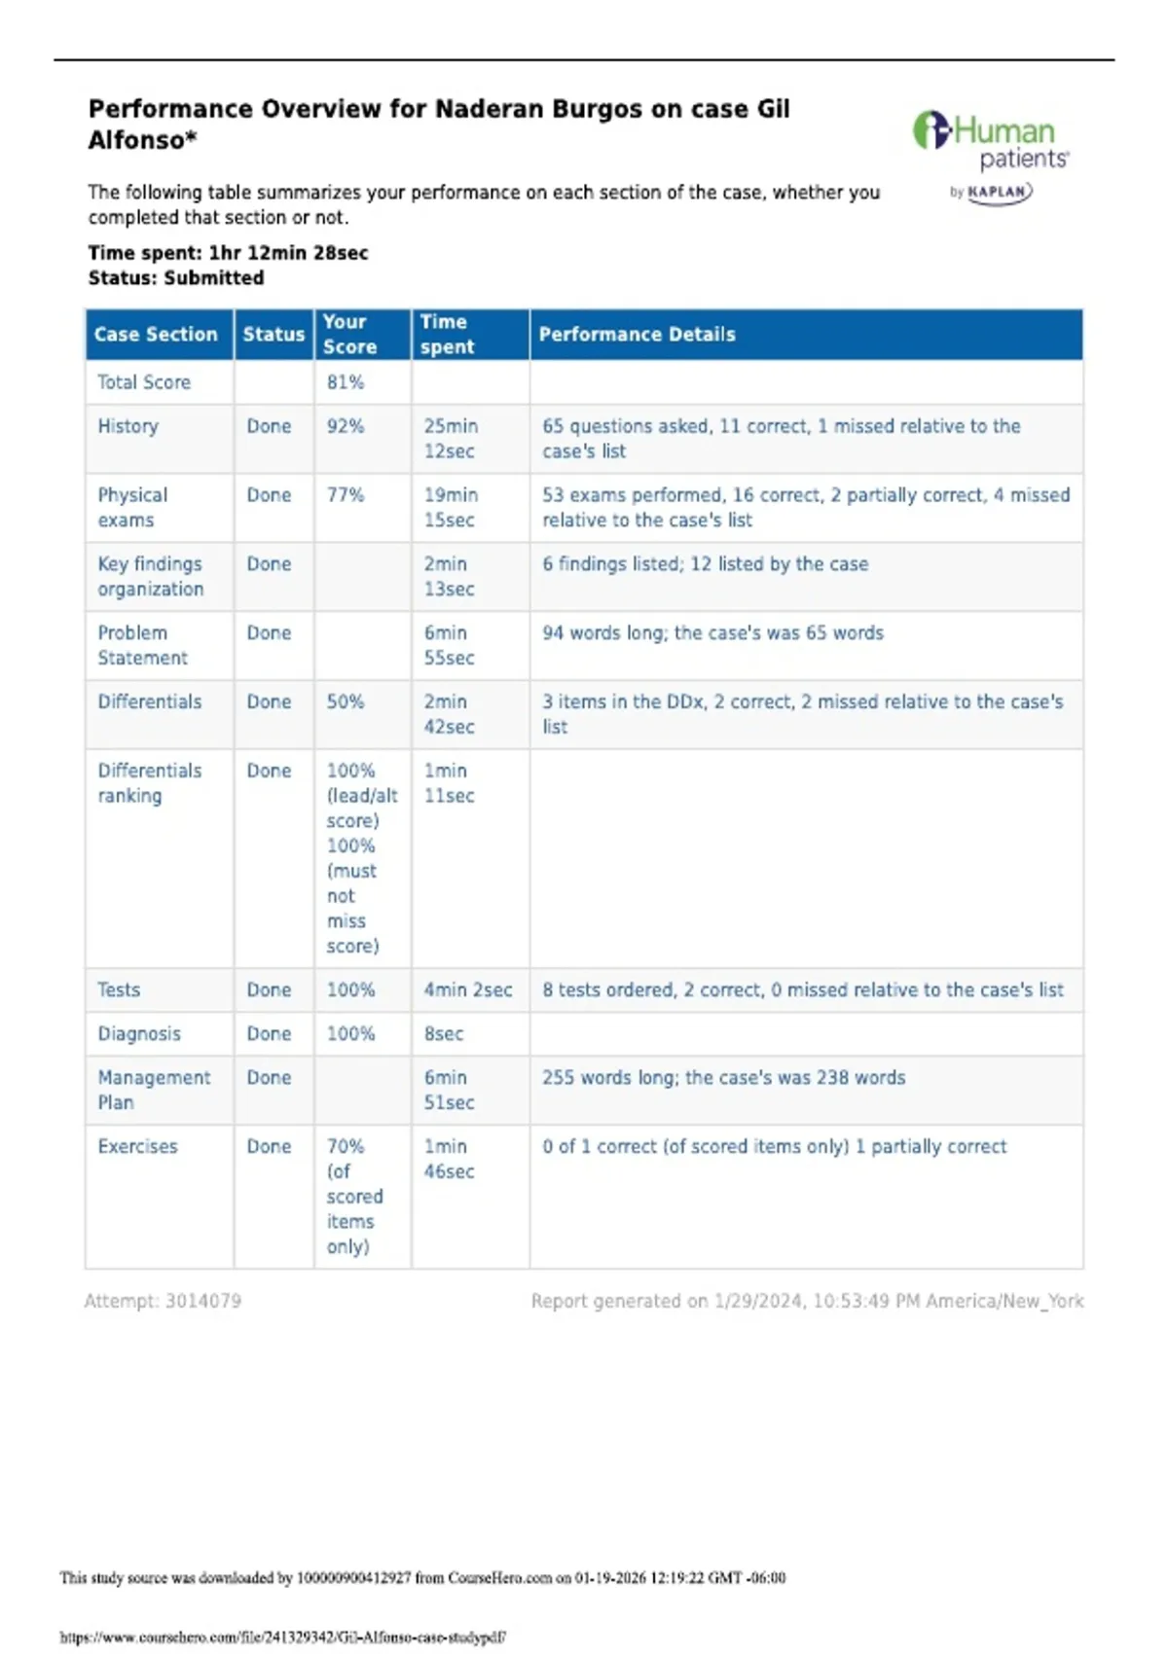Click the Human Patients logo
point(991,141)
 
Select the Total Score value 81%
point(345,382)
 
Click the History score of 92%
point(345,426)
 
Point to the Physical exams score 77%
point(345,495)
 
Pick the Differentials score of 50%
point(345,701)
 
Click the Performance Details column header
point(637,335)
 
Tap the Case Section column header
point(156,335)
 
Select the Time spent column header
point(447,335)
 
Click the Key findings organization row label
point(150,576)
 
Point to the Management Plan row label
point(153,1090)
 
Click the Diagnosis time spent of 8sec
point(443,1033)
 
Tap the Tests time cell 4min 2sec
point(467,989)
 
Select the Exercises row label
point(137,1146)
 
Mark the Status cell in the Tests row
point(269,989)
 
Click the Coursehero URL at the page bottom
point(282,1637)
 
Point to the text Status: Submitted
point(175,278)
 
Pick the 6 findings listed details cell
point(705,564)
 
